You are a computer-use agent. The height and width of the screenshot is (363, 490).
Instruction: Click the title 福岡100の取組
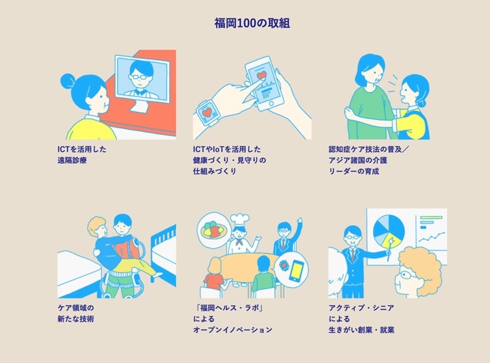pyautogui.click(x=252, y=23)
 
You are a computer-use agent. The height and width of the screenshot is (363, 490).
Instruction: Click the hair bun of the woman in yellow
pyautogui.click(x=68, y=81)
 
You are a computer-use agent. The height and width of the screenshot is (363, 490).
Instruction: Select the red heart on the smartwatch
pyautogui.click(x=207, y=112)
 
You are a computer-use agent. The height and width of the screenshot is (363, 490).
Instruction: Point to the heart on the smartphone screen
pyautogui.click(x=261, y=75)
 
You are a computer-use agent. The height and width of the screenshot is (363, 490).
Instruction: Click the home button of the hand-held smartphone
pyautogui.click(x=271, y=103)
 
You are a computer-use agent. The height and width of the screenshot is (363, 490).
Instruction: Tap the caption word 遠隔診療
pyautogui.click(x=72, y=161)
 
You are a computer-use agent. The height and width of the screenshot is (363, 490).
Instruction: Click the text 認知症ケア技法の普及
pyautogui.click(x=365, y=149)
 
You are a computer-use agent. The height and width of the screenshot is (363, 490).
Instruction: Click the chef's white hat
pyautogui.click(x=240, y=220)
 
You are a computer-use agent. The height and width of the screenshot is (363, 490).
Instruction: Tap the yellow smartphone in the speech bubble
pyautogui.click(x=296, y=271)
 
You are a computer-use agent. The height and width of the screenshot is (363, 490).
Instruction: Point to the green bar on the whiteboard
pyautogui.click(x=431, y=218)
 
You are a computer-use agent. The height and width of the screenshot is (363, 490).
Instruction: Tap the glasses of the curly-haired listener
pyautogui.click(x=404, y=275)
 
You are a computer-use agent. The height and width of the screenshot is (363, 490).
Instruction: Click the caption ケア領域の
pyautogui.click(x=76, y=308)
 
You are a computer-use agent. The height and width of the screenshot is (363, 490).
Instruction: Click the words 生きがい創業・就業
pyautogui.click(x=361, y=330)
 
